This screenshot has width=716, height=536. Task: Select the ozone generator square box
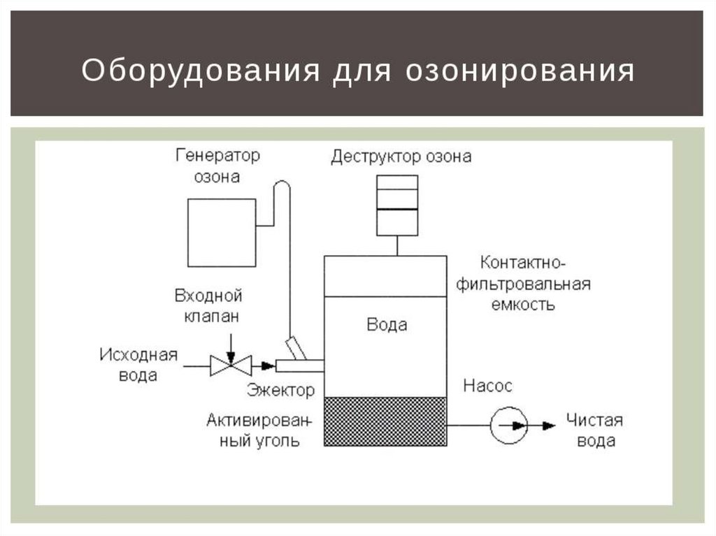221,232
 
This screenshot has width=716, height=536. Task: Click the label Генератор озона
217,166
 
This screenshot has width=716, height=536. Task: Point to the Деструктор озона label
401,157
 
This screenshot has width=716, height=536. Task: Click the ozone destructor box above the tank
397,205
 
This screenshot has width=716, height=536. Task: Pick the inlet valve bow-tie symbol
231,364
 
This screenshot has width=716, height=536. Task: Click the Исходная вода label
138,364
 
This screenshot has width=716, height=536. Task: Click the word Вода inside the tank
387,325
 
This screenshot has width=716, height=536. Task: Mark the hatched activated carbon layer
385,421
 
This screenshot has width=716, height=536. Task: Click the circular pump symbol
508,423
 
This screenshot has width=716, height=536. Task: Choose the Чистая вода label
594,430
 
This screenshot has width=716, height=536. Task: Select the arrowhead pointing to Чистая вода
549,423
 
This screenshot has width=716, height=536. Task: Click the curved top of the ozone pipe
281,184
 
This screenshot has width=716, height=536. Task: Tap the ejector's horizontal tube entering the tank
299,365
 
